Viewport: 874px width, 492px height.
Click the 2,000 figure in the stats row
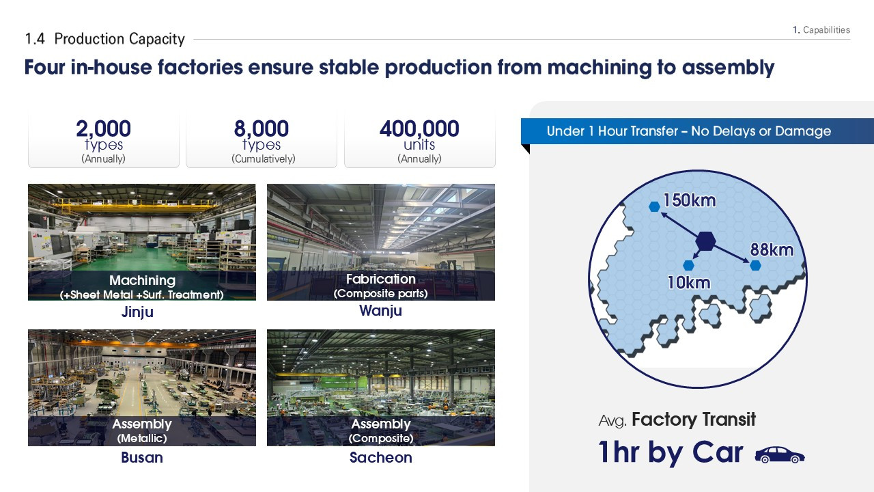[103, 128]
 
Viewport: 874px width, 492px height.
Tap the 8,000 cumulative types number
[262, 128]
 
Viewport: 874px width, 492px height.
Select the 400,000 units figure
[419, 128]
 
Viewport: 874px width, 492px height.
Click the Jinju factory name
[137, 312]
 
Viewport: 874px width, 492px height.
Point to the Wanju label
[380, 311]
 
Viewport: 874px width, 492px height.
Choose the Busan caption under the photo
[142, 457]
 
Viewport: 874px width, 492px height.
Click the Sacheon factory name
[381, 457]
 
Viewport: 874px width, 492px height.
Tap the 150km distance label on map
[690, 200]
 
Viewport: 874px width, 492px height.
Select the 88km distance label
[772, 250]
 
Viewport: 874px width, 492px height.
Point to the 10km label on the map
[689, 283]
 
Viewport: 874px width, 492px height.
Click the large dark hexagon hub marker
[705, 241]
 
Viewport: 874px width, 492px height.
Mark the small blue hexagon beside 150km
[654, 206]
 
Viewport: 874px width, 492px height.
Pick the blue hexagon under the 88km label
[755, 266]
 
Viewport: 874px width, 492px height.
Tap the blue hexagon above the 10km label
[689, 266]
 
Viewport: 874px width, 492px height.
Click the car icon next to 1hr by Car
[780, 455]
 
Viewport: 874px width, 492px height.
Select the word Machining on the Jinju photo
[143, 280]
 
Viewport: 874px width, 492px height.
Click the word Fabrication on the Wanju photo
[381, 279]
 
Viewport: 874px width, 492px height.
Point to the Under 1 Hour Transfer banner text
[689, 131]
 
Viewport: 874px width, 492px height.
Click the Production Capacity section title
[119, 39]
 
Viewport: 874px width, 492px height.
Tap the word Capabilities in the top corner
[826, 30]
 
